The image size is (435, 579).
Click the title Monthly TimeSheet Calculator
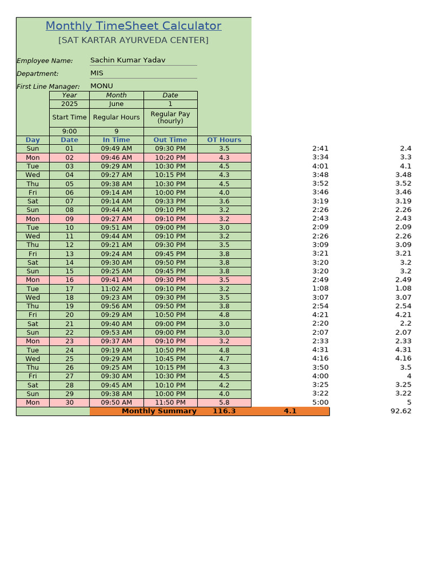pyautogui.click(x=133, y=26)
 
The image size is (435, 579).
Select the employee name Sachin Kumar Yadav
pyautogui.click(x=128, y=60)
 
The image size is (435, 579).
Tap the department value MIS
pyautogui.click(x=97, y=73)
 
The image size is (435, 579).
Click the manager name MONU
pyautogui.click(x=101, y=86)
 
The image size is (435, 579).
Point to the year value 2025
pyautogui.click(x=69, y=104)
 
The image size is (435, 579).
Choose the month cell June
pyautogui.click(x=116, y=104)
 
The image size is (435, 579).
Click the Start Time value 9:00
pyautogui.click(x=69, y=131)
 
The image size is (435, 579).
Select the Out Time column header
pyautogui.click(x=170, y=140)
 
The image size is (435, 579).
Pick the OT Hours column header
pyautogui.click(x=224, y=140)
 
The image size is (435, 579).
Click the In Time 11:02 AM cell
pyautogui.click(x=116, y=288)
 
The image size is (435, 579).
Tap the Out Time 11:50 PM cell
pyautogui.click(x=170, y=403)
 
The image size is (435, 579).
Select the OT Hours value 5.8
pyautogui.click(x=224, y=403)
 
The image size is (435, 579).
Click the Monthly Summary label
pyautogui.click(x=159, y=411)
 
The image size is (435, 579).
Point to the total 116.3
pyautogui.click(x=224, y=411)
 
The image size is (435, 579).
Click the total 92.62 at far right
pyautogui.click(x=400, y=411)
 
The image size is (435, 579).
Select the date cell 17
pyautogui.click(x=69, y=288)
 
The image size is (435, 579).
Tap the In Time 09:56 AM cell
pyautogui.click(x=116, y=306)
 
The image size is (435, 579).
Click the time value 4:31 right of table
pyautogui.click(x=320, y=349)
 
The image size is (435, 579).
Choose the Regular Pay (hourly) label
pyautogui.click(x=170, y=118)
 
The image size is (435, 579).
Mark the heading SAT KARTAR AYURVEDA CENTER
pyautogui.click(x=133, y=41)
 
